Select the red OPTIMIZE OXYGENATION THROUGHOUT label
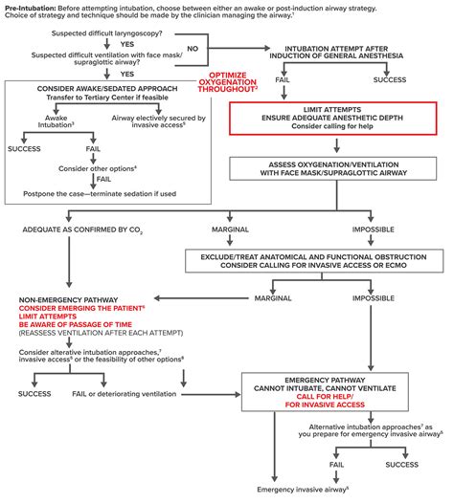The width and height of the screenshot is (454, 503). (227, 82)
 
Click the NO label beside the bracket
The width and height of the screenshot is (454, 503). (193, 49)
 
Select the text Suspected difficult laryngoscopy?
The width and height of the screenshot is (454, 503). (107, 33)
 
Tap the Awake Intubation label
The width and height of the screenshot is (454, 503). (56, 121)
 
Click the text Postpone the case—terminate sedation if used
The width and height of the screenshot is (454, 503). (100, 194)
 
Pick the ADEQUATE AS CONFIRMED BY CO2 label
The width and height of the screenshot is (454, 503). (82, 230)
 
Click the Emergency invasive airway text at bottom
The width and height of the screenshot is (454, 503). (303, 490)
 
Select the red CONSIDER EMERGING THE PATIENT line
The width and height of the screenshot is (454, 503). (81, 308)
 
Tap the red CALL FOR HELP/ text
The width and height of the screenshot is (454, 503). (325, 397)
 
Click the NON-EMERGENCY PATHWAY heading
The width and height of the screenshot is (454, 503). (68, 300)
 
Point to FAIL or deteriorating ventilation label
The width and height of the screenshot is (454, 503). (124, 394)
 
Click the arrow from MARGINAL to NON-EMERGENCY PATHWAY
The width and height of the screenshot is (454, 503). (201, 298)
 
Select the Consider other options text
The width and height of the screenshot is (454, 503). (98, 168)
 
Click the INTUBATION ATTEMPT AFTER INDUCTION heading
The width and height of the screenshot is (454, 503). (336, 53)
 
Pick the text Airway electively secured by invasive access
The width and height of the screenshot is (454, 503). (158, 121)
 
